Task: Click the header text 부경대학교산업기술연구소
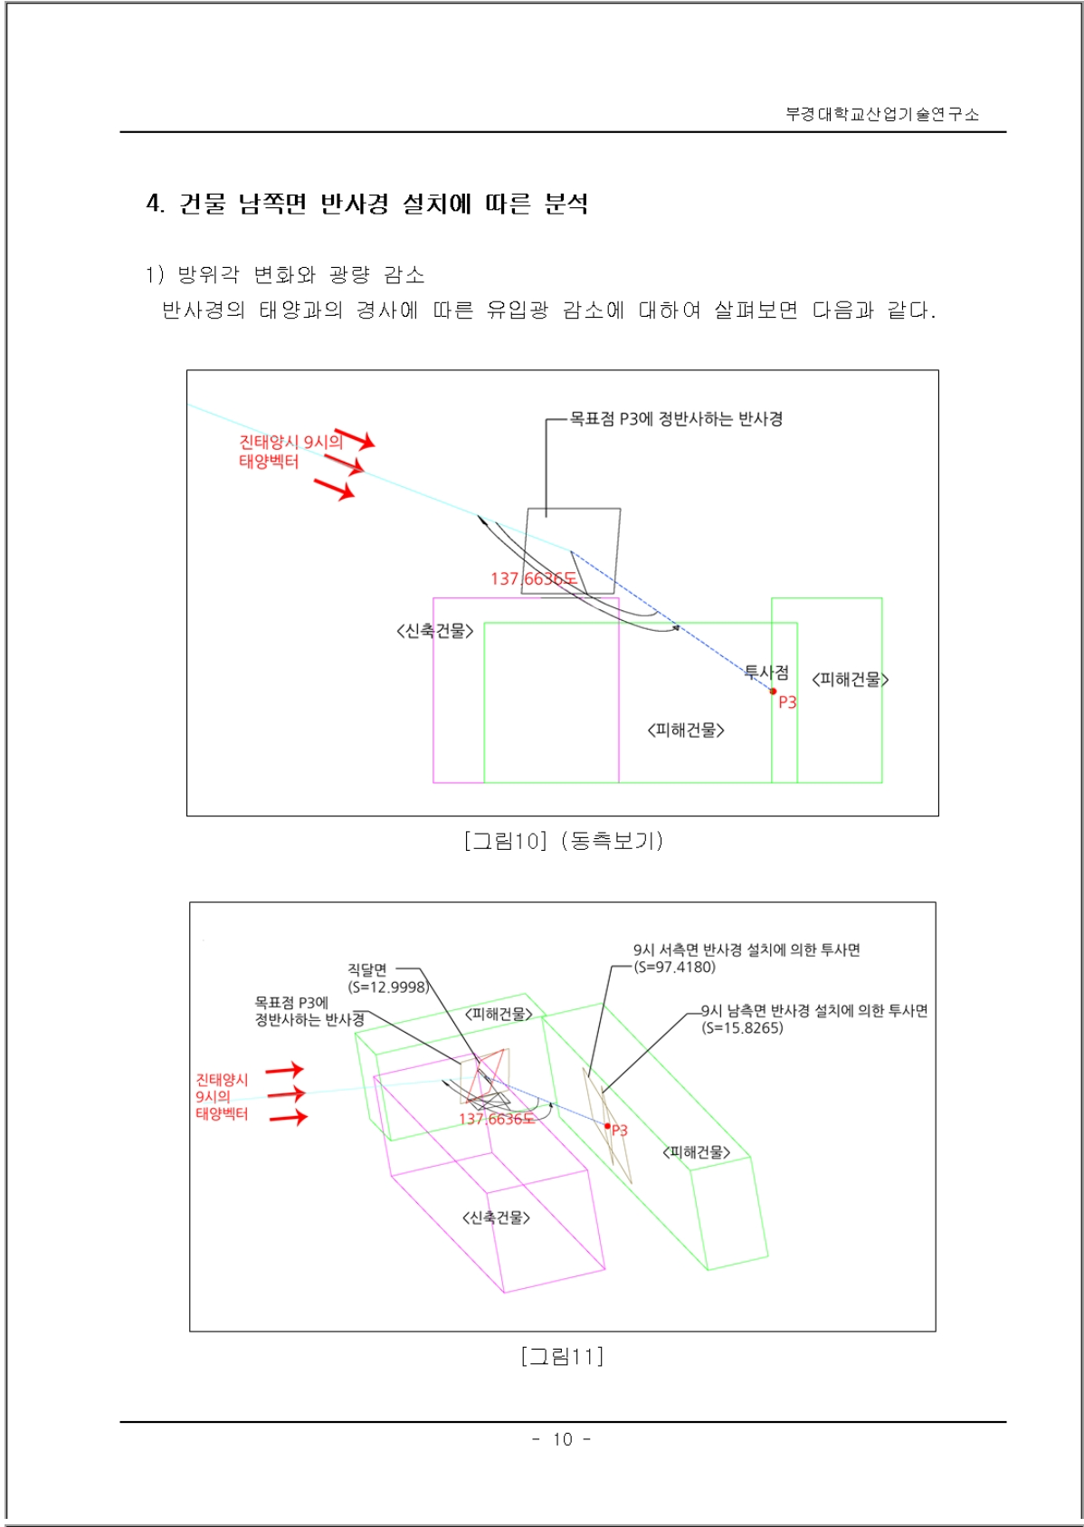882,114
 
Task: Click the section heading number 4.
155,203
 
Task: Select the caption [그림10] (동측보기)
564,841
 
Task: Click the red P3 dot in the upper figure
773,692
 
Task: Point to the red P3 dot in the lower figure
608,1126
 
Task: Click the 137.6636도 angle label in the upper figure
534,578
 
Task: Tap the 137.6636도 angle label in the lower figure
497,1119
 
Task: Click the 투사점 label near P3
766,673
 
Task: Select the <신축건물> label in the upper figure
434,631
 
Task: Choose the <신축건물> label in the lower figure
496,1217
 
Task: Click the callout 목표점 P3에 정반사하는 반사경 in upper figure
676,418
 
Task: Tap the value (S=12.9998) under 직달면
387,987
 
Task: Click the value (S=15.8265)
743,1027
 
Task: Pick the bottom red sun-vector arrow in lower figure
289,1117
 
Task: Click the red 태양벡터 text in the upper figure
269,462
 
